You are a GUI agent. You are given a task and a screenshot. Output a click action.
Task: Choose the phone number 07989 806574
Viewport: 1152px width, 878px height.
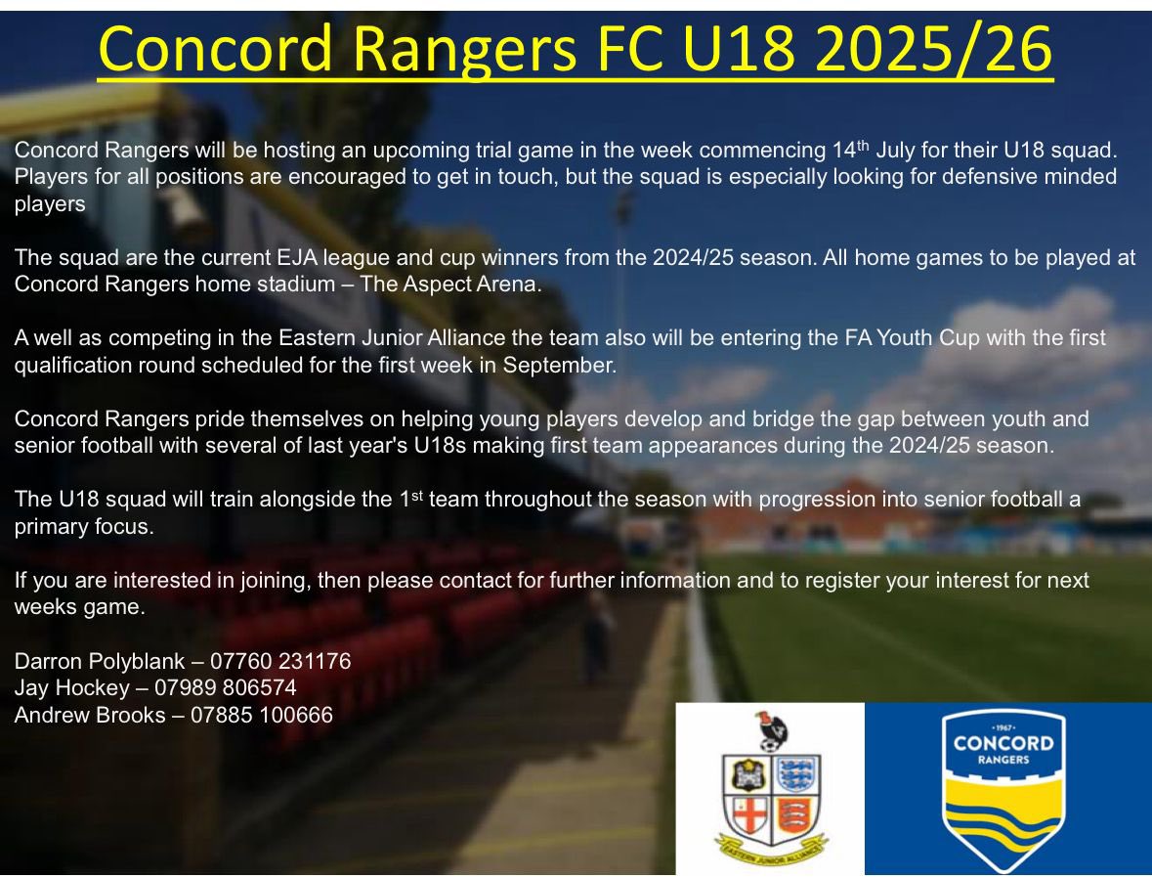pyautogui.click(x=226, y=688)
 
